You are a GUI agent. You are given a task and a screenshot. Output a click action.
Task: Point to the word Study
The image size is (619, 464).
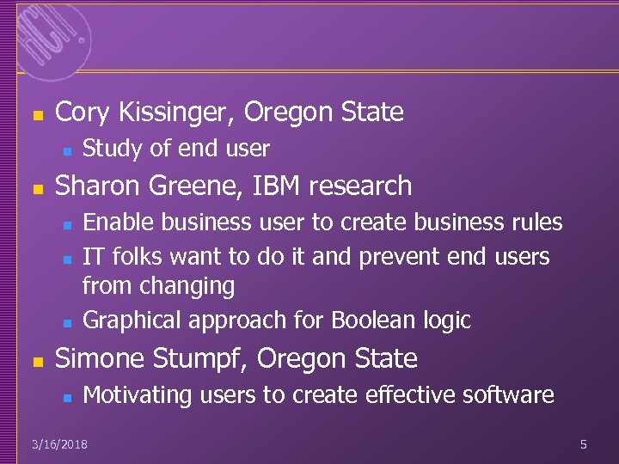(x=112, y=149)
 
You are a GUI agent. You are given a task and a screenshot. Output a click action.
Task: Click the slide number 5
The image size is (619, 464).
(x=583, y=444)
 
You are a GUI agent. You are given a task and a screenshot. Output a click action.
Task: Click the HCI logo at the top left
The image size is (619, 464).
(x=52, y=35)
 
